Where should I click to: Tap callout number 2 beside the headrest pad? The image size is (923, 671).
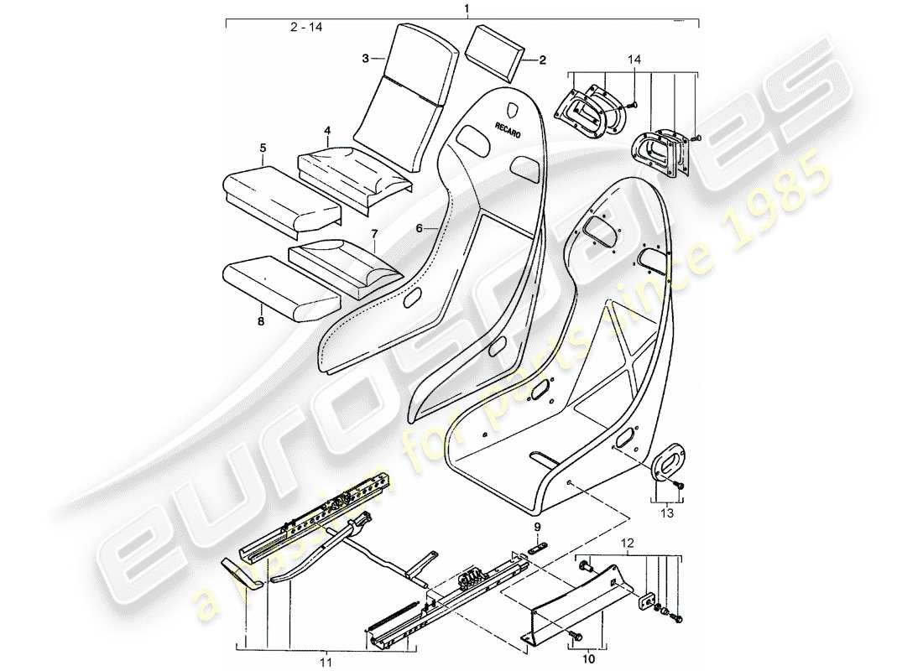click(x=542, y=60)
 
